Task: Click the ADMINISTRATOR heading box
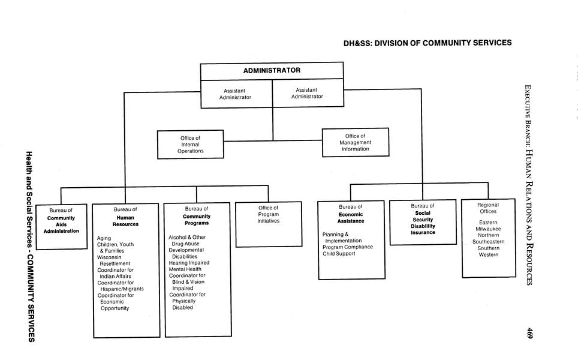tap(272, 71)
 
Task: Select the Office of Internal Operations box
tap(190, 145)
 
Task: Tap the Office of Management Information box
tap(355, 142)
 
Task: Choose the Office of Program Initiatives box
tap(268, 224)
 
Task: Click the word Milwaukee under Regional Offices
tap(488, 229)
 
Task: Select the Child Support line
tap(339, 254)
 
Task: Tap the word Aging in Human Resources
tap(104, 238)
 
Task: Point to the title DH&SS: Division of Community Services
tap(428, 43)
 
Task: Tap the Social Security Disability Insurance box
tap(423, 223)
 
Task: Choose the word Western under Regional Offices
tap(488, 254)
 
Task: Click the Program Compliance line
tap(348, 247)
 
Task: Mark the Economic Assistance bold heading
tap(351, 217)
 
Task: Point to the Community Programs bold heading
tap(196, 220)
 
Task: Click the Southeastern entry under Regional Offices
tap(488, 242)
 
